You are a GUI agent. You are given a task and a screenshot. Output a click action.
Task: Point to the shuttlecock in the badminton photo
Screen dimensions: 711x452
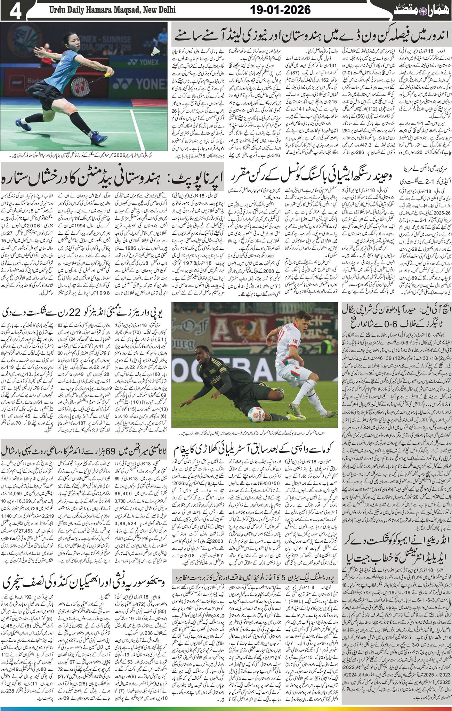pyautogui.click(x=155, y=51)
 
